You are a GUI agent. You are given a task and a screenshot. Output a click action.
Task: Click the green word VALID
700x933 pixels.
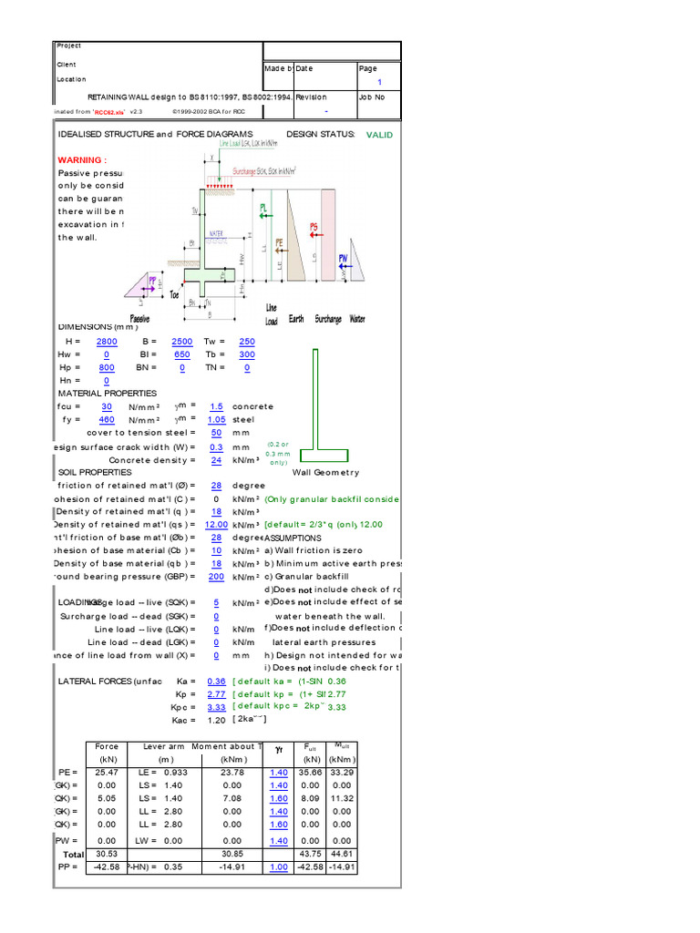[379, 135]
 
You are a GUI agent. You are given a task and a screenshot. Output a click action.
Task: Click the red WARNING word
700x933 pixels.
[79, 159]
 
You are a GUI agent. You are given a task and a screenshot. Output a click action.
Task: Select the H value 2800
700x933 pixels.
[107, 341]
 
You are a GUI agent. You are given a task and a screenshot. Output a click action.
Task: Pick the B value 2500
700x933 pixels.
[182, 341]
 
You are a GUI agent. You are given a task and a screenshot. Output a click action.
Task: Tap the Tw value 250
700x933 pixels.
[247, 341]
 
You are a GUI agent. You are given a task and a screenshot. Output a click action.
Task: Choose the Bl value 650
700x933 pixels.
[182, 354]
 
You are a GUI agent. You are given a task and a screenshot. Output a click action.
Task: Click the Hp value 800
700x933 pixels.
[107, 367]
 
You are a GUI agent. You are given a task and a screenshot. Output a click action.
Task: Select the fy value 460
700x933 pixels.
[107, 420]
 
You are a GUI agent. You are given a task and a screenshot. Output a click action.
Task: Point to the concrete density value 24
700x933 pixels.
[216, 460]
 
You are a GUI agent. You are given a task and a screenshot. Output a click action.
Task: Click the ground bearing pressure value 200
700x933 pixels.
[216, 577]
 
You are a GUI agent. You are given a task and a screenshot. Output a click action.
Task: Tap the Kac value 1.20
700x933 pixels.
[216, 720]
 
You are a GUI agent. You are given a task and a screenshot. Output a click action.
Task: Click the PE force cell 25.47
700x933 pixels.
[107, 772]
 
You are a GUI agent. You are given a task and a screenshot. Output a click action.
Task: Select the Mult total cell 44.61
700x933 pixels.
[342, 855]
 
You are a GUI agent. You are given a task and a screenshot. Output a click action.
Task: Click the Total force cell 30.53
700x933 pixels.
[107, 855]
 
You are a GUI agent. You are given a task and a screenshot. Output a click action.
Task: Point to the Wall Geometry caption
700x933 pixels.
[325, 473]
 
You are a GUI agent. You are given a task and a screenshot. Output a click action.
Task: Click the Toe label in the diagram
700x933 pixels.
[176, 294]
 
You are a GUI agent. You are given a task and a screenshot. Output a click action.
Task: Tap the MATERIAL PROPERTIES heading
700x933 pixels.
[107, 394]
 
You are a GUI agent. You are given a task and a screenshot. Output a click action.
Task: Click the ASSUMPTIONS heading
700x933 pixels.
[293, 538]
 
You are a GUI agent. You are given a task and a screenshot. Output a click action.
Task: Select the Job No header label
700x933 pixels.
[372, 97]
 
